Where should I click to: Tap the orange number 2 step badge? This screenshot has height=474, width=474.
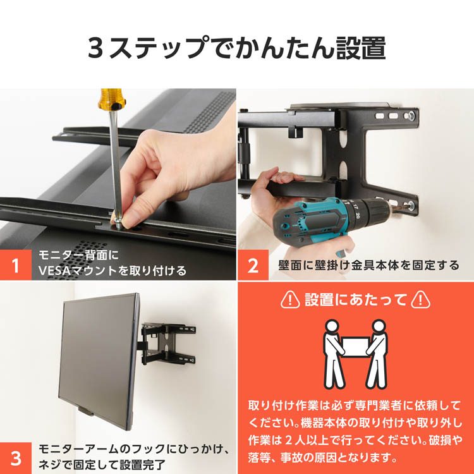click(253, 264)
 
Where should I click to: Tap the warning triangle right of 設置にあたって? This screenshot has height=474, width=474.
click(420, 300)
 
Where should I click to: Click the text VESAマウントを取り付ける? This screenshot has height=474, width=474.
click(112, 271)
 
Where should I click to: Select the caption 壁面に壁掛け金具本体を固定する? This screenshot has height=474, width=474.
click(368, 265)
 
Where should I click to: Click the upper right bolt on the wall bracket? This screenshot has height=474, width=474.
click(412, 116)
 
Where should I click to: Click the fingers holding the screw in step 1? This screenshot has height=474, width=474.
click(136, 209)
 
